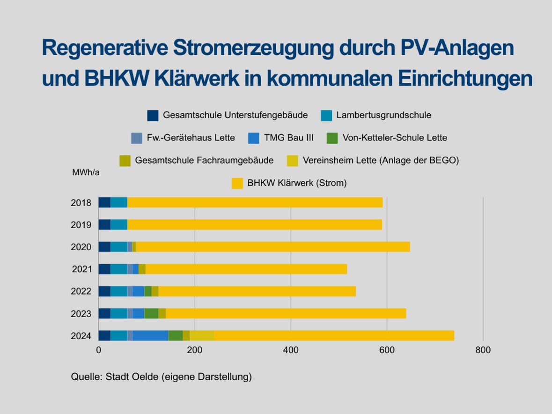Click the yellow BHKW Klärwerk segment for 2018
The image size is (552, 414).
tap(255, 202)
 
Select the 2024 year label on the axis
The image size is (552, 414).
tap(81, 336)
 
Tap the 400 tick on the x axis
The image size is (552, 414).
tap(291, 350)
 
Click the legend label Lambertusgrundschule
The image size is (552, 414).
tap(383, 115)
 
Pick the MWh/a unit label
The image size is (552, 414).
tap(86, 172)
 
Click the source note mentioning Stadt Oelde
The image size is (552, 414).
tap(161, 377)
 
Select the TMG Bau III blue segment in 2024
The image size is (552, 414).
tap(150, 336)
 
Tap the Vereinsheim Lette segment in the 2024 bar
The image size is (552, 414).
tap(202, 336)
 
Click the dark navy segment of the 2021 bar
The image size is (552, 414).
tap(104, 269)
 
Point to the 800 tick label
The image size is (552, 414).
tap(483, 350)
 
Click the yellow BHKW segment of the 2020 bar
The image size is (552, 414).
tap(272, 247)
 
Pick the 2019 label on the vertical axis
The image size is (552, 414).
tap(81, 225)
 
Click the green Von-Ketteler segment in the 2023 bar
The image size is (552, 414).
tap(151, 313)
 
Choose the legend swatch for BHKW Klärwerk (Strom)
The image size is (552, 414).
tap(237, 183)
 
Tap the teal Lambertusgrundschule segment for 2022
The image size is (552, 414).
tap(119, 291)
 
